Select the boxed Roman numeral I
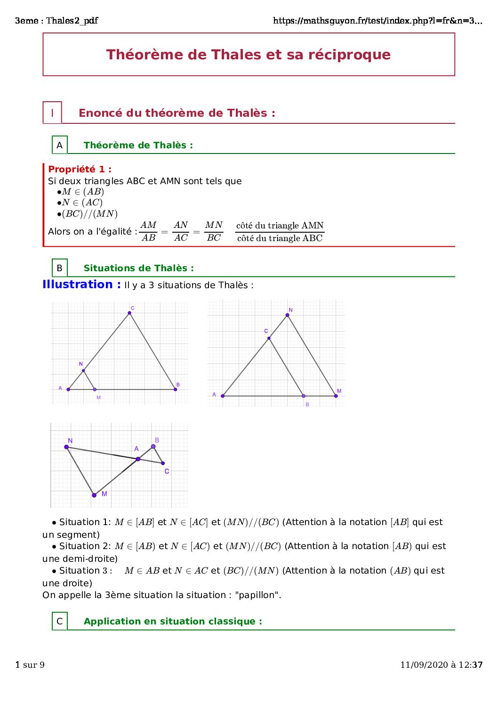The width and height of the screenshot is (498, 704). pos(52,113)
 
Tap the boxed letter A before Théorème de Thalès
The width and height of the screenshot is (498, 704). pos(60,145)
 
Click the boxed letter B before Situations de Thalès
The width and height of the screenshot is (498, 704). pos(60,268)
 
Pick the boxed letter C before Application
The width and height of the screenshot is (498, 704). pos(60,621)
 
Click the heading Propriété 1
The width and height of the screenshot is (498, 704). pos(80,169)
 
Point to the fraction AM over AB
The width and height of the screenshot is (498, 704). pos(149,231)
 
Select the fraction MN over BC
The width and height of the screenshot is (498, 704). pos(214,231)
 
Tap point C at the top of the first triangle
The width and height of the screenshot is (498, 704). pos(129,313)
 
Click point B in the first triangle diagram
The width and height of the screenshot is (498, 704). pos(175,389)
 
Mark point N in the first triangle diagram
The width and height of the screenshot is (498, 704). pos(83,371)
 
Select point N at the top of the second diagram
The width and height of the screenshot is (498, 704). pos(287,315)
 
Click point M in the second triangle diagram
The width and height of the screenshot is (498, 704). pos(336,396)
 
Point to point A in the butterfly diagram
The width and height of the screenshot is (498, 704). pos(138,459)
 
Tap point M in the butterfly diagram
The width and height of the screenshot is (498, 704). pos(94,495)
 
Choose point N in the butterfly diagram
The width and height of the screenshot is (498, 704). pos(66,447)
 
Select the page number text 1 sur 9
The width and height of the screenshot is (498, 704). pos(30,664)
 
